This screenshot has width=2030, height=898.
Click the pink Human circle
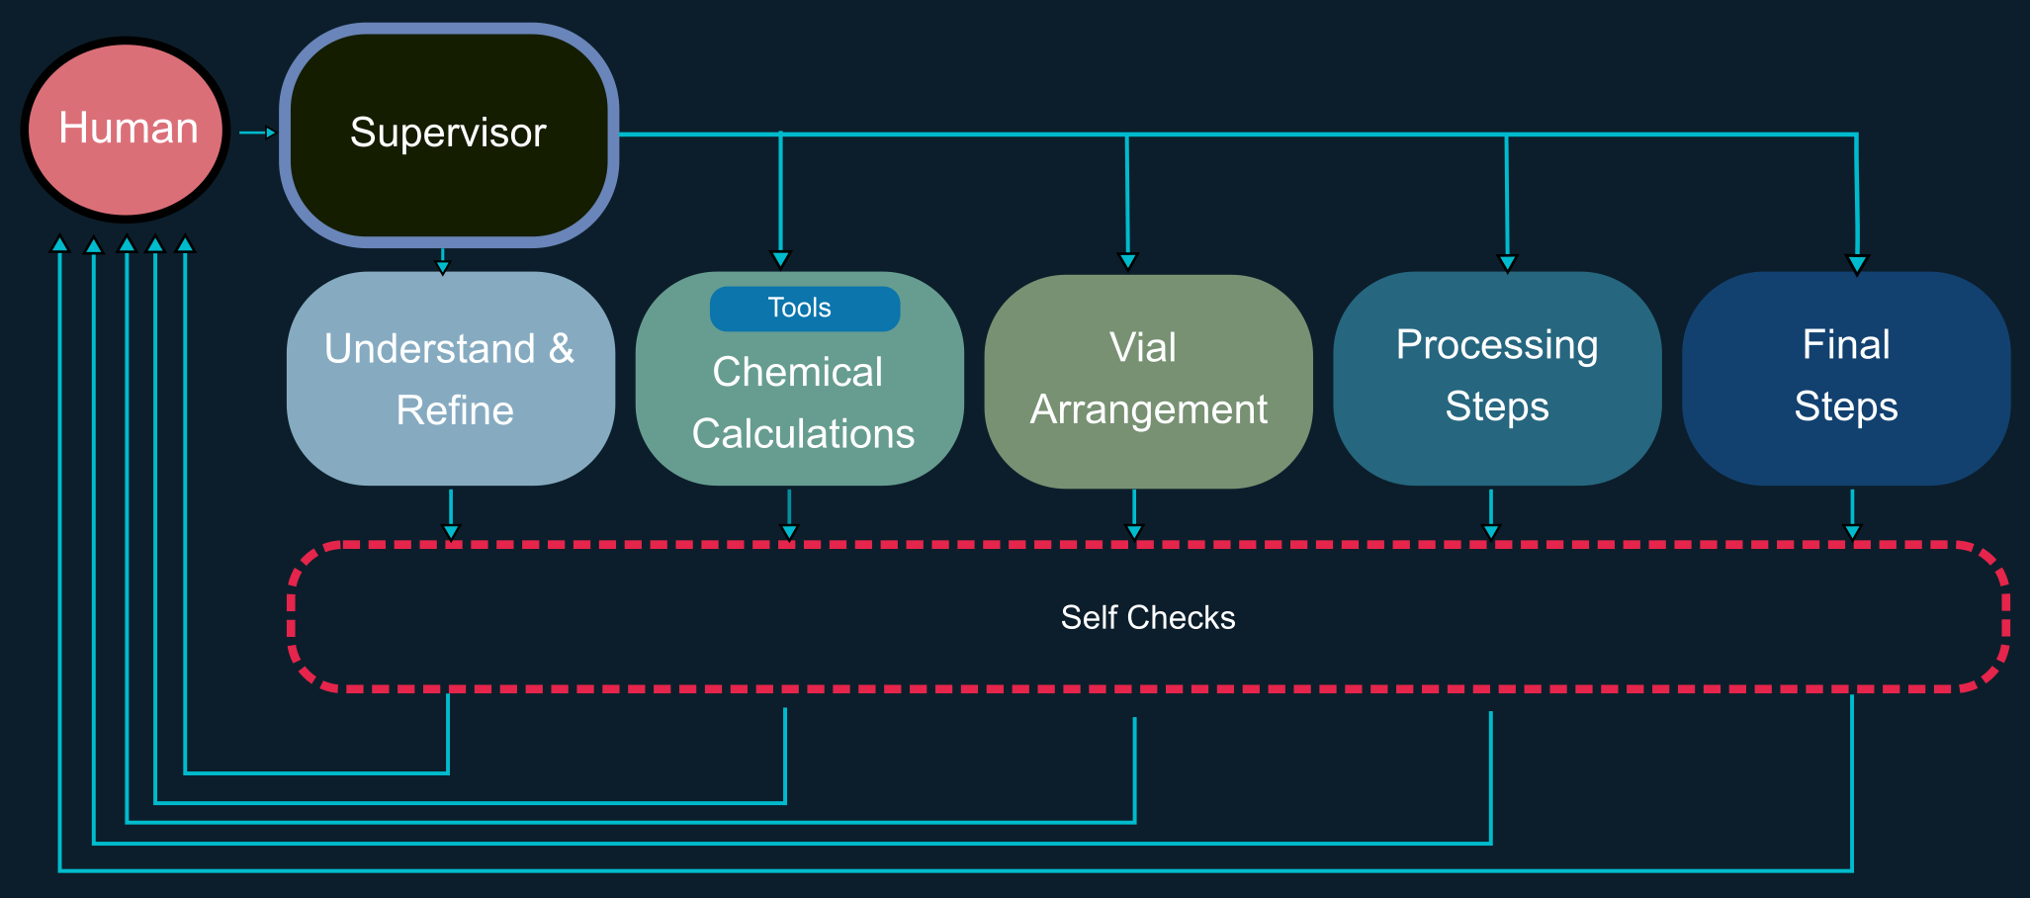pos(126,130)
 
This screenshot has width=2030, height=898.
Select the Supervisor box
pos(449,135)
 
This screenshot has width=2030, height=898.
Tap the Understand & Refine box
pos(450,379)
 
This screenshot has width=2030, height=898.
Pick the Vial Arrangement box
pos(1148,381)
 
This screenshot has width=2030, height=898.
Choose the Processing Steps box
pos(1497,378)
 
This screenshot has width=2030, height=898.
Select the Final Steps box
pos(1845,378)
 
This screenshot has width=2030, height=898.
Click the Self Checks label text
pos(1147,617)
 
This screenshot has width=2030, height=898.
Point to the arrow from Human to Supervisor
pos(258,133)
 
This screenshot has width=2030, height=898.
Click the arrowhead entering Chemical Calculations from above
pos(780,259)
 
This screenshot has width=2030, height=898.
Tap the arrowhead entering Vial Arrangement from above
pos(1127,261)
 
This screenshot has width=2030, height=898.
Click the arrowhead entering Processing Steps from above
pos(1507,263)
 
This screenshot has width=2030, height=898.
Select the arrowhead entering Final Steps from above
pos(1857,264)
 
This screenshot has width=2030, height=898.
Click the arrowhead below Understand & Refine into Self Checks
pos(451,532)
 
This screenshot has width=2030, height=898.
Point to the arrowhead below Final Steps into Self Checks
pos(1852,532)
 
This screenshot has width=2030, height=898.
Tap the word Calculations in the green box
pos(803,434)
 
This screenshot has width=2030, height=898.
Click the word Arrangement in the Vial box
pos(1148,409)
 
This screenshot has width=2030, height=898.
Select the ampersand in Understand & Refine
pos(561,348)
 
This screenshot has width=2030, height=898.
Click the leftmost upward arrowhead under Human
pos(60,243)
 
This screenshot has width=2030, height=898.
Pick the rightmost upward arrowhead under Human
pos(185,243)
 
